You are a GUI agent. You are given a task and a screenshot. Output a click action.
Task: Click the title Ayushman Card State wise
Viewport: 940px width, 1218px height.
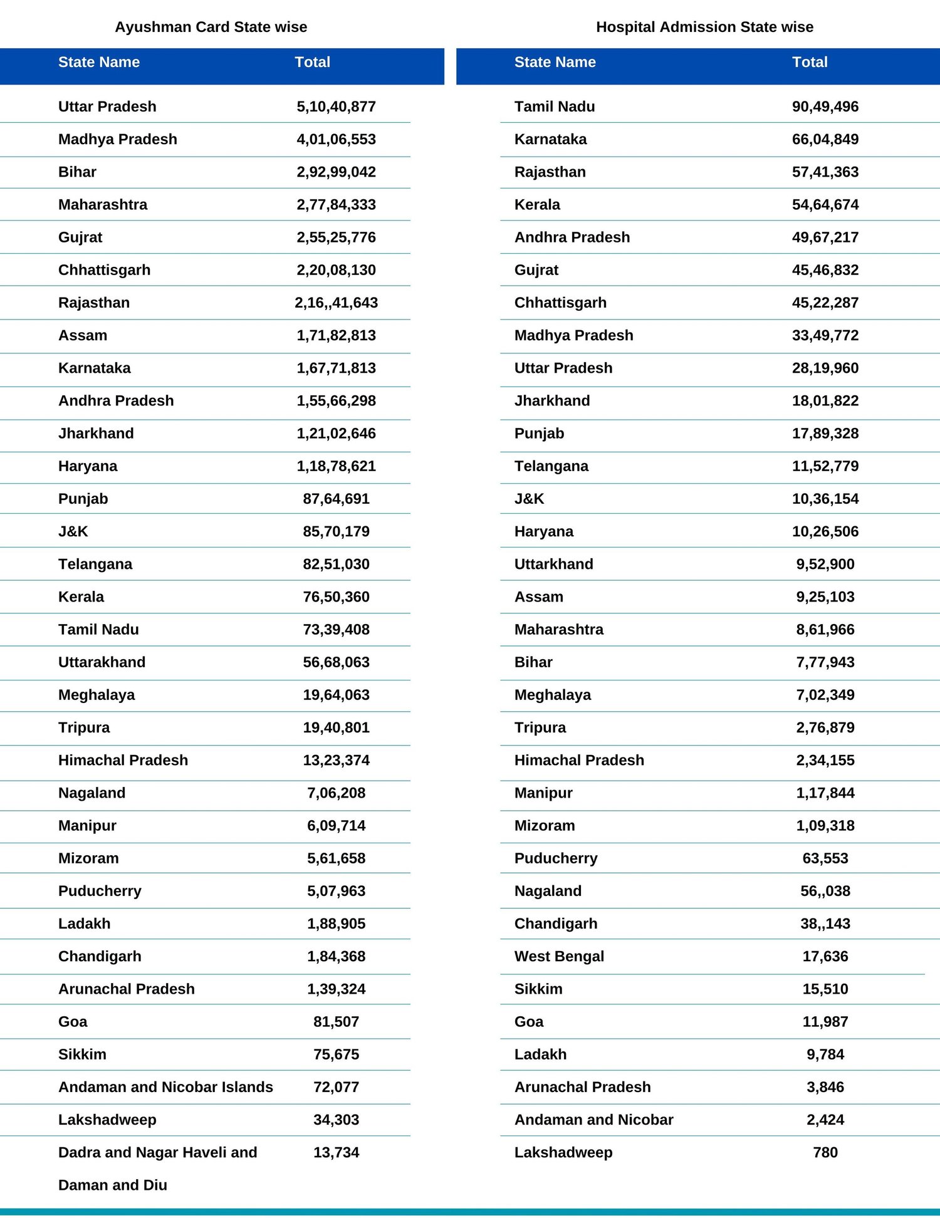pos(211,27)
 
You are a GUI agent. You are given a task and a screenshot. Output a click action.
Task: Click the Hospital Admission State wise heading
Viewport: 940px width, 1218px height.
pos(704,27)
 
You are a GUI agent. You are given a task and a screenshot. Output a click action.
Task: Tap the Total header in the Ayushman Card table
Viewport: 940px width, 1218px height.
pos(312,62)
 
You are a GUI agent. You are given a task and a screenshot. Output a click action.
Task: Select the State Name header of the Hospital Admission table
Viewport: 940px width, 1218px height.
pos(555,62)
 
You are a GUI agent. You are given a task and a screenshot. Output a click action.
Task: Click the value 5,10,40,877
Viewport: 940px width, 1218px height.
pos(336,107)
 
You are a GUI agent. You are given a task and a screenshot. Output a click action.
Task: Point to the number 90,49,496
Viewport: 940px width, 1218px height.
pos(825,107)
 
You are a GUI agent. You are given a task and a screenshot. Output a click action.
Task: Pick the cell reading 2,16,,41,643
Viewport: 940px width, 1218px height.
pos(336,303)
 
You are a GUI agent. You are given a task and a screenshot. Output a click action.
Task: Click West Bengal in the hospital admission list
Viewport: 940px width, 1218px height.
pos(559,956)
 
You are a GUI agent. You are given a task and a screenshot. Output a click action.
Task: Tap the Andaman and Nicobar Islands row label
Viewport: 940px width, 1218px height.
pos(165,1087)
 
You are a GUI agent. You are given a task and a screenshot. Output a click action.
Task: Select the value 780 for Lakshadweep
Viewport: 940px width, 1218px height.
pos(825,1152)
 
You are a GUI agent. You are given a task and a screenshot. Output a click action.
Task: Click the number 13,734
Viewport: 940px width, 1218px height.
pos(336,1152)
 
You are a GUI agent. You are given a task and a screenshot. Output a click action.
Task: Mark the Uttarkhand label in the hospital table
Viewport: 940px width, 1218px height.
pos(553,564)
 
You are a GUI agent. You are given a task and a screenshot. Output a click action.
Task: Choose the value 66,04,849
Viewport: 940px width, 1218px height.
pos(825,139)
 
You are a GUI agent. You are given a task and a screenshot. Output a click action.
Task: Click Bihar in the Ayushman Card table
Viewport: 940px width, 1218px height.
pos(77,172)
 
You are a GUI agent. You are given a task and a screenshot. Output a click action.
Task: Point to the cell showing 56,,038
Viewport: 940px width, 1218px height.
pos(825,891)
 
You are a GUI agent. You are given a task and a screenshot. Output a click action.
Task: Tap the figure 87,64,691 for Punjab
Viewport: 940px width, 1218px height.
pos(336,499)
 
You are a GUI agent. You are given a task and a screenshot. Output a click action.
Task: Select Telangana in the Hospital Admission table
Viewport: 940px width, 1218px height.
pos(551,466)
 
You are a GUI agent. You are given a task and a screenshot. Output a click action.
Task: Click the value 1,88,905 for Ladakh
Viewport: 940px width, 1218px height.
pos(336,924)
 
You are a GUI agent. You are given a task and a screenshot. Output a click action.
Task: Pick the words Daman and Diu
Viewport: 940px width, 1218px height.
pos(112,1185)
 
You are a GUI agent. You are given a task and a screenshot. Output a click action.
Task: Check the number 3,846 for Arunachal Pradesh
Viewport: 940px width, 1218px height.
pos(825,1087)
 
